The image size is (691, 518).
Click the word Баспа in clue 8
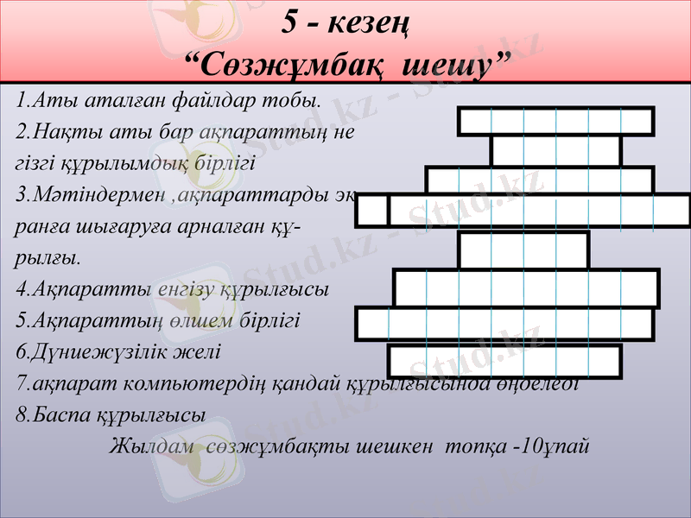(50, 414)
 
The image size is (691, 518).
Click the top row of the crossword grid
(555, 121)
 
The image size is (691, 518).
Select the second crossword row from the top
(555, 151)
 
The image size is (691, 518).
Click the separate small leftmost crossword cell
(371, 212)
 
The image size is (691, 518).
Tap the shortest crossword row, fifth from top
(523, 250)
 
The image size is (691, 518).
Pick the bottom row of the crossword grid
(504, 361)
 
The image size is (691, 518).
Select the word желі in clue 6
(200, 352)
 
